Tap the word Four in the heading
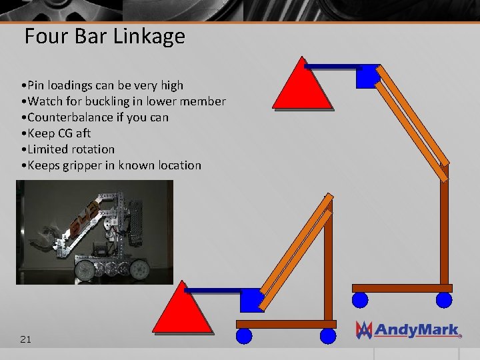47,36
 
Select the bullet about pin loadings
102,85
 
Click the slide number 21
25,339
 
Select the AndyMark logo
408,329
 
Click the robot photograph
95,232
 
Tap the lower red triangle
183,309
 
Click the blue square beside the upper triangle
367,77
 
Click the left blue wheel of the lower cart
245,335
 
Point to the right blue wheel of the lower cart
327,335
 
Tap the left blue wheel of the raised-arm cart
360,300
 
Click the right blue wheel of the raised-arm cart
444,300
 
